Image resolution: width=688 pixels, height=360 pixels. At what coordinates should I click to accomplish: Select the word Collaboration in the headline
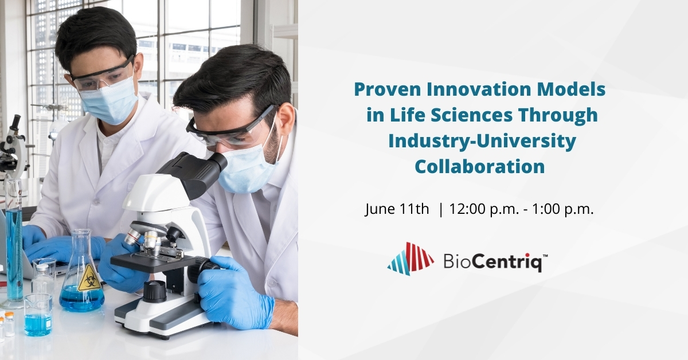[479, 166]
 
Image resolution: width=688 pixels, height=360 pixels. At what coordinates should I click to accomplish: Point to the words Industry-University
[482, 141]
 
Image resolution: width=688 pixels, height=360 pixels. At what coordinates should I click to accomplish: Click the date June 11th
[397, 210]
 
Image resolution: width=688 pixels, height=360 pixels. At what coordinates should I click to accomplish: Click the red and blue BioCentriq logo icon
[411, 259]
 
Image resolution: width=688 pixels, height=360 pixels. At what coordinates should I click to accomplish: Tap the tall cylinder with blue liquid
[14, 241]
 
